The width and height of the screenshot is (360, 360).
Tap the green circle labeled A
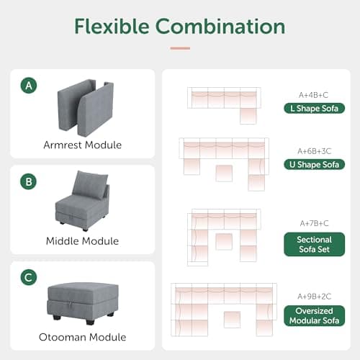coord(29,86)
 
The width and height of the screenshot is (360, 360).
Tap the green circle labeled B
coord(29,182)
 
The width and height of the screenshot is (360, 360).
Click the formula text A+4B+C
coord(313,94)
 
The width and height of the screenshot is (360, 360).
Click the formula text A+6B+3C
coord(313,150)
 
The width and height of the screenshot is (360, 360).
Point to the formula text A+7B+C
coord(313,222)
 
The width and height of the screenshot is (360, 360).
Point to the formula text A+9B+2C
coord(313,294)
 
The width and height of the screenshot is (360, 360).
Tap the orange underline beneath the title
coord(180,48)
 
